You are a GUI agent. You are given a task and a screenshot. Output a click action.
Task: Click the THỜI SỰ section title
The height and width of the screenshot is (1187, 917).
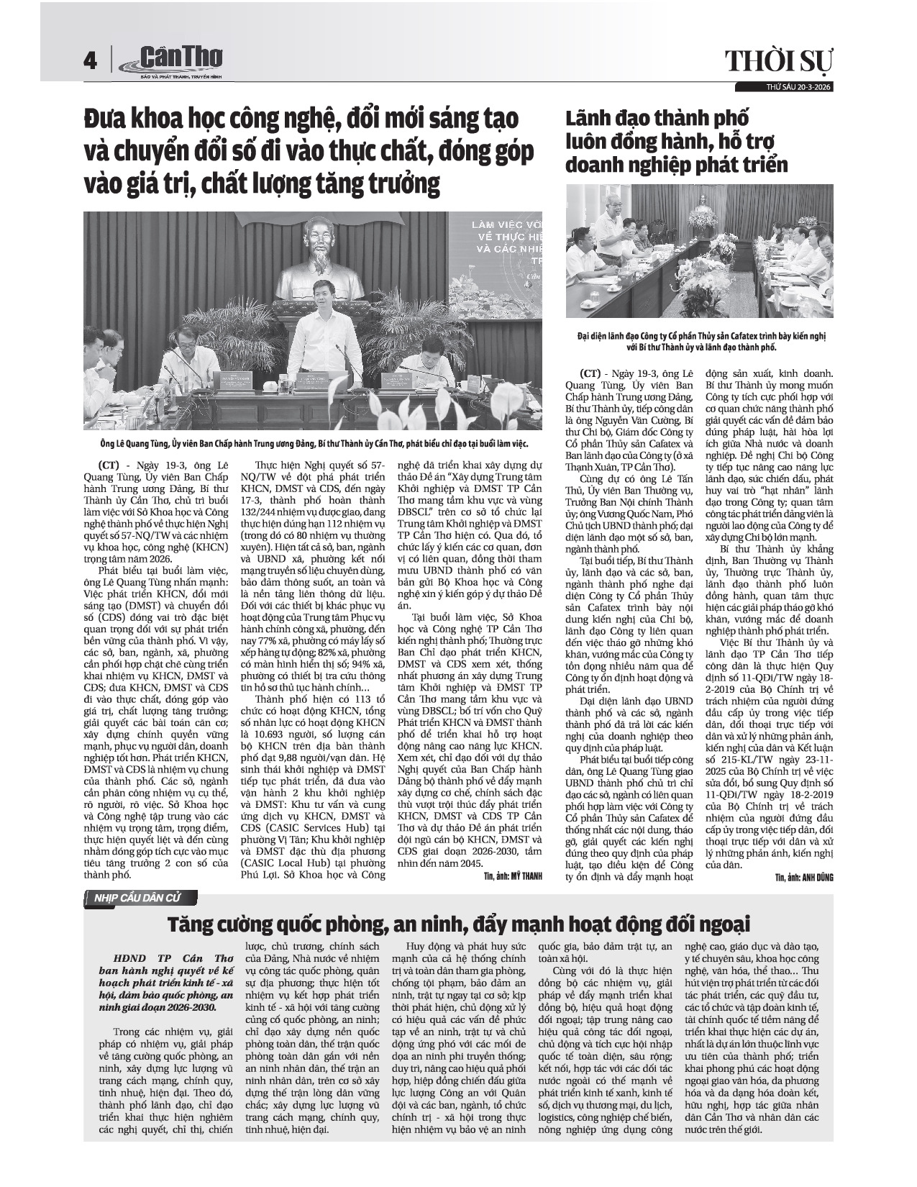pyautogui.click(x=778, y=63)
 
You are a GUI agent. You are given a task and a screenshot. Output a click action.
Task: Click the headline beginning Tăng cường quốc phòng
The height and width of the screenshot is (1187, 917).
pyautogui.click(x=458, y=922)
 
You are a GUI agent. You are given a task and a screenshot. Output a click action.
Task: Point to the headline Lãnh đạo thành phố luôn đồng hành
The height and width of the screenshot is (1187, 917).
pyautogui.click(x=676, y=141)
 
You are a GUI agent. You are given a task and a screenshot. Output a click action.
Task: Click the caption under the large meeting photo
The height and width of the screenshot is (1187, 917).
pyautogui.click(x=315, y=444)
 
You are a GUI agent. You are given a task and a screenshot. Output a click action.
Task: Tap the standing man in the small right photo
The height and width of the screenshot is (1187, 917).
pyautogui.click(x=616, y=237)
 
